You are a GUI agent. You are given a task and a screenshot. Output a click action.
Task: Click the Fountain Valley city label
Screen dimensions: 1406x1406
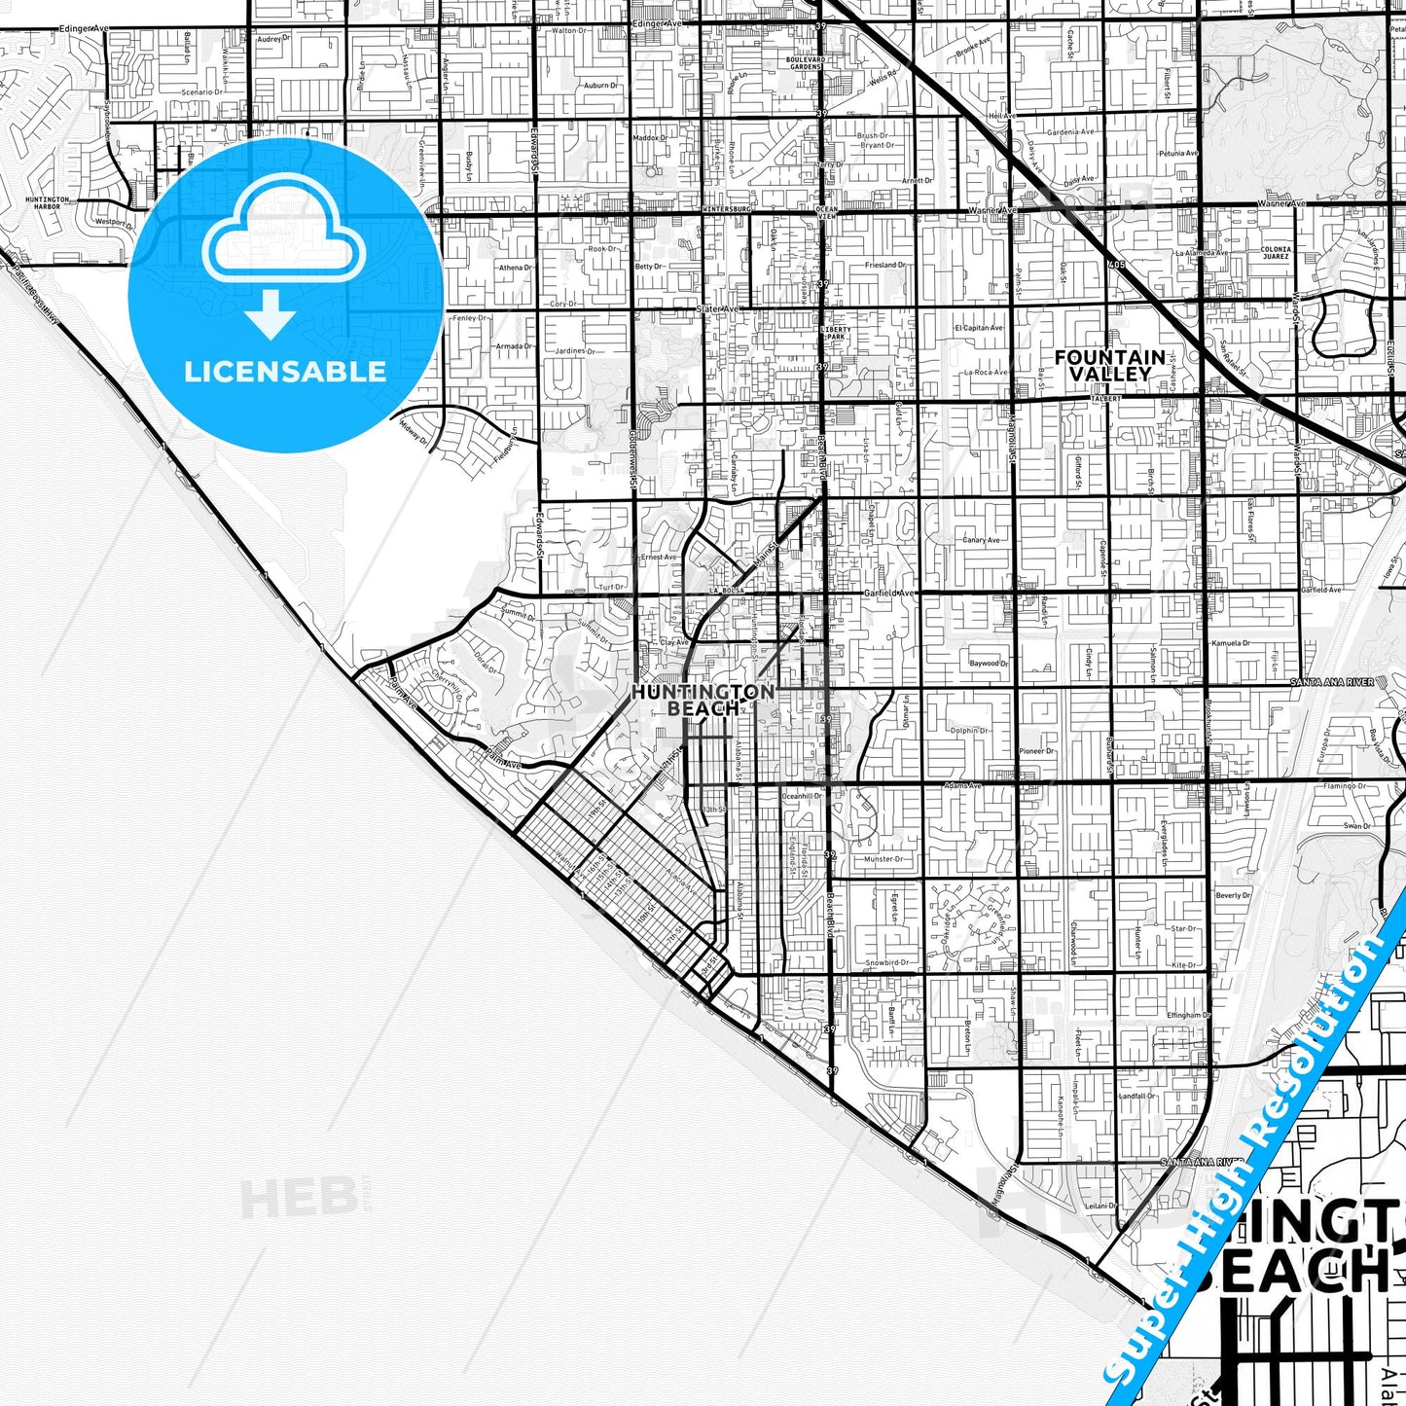(1109, 365)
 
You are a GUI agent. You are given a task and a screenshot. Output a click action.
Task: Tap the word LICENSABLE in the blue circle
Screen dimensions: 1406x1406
(285, 372)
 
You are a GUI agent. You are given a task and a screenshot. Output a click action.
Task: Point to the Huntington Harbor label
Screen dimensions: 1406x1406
(48, 202)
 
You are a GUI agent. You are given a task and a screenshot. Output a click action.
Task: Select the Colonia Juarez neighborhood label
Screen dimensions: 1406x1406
(1275, 253)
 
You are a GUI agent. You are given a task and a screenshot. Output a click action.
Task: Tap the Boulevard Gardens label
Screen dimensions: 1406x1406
(805, 63)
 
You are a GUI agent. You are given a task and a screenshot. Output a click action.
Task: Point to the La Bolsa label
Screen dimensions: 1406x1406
(727, 591)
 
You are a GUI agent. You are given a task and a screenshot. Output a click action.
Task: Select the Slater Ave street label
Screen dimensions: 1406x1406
(718, 309)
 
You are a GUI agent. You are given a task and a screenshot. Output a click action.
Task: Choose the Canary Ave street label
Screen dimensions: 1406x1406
(980, 540)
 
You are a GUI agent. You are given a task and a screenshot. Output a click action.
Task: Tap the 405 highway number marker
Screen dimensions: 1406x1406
(1114, 265)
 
